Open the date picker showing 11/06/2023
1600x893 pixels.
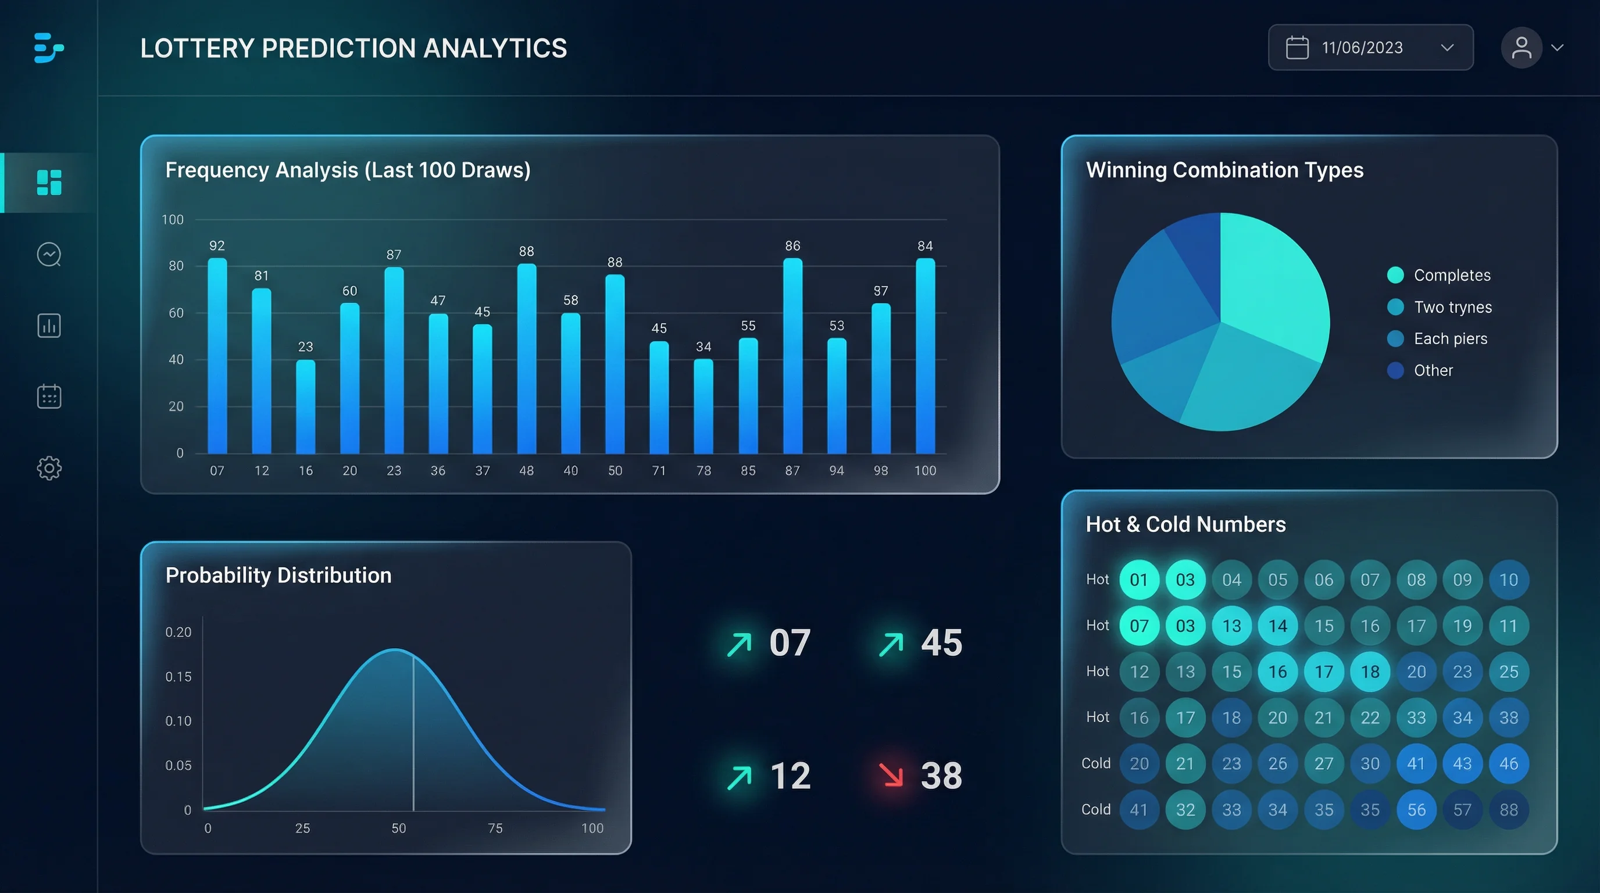[1370, 48]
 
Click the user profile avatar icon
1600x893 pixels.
[1521, 48]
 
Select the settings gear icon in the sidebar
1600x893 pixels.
[49, 467]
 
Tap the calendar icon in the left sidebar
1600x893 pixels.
[49, 396]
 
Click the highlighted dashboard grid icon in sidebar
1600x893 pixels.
[49, 183]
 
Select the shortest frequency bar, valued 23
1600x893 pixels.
[306, 407]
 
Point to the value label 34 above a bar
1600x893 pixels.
[703, 347]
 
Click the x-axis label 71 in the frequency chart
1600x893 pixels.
[659, 471]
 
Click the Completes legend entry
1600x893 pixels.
[1452, 275]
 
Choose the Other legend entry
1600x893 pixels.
[1433, 370]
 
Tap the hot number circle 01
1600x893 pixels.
[1138, 580]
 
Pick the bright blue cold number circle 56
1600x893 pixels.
[1416, 809]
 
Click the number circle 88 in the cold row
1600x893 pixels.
[1509, 809]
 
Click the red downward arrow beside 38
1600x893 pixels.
[891, 774]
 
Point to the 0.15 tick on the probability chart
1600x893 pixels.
[178, 676]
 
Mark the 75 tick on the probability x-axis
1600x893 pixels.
[495, 828]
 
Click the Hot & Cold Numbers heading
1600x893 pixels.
[1185, 524]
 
